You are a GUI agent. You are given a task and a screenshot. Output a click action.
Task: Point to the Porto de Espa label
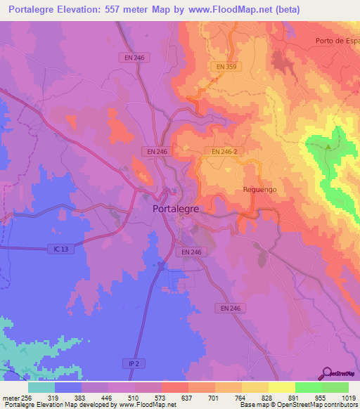[x=337, y=41]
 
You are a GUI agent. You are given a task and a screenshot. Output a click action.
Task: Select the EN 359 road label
[x=225, y=67]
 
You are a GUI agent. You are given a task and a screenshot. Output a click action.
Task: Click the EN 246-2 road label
[x=224, y=151]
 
